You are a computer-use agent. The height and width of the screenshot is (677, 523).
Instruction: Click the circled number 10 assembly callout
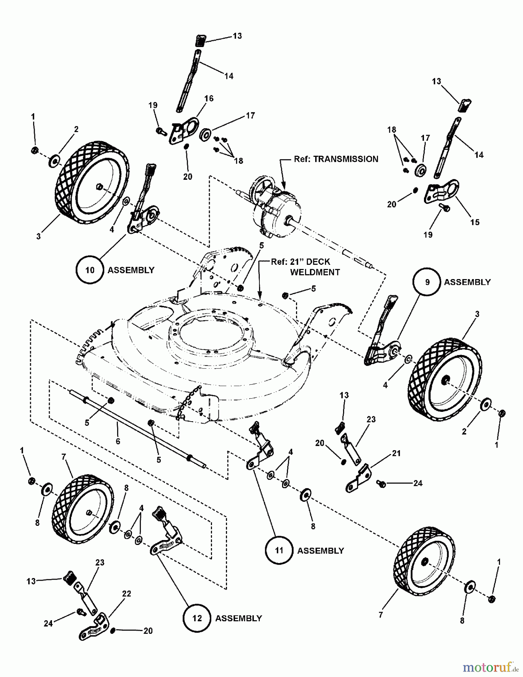point(90,270)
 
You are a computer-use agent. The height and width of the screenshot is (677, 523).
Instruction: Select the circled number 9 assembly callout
point(427,282)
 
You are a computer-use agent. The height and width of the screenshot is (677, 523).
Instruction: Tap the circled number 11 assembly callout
point(279,550)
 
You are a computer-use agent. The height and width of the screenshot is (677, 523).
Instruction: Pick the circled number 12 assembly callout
point(197,618)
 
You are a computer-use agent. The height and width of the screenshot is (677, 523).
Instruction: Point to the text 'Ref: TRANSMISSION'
point(336,159)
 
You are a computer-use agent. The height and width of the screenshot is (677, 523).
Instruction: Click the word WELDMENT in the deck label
point(315,272)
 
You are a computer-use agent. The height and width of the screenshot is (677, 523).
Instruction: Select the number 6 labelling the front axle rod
point(118,441)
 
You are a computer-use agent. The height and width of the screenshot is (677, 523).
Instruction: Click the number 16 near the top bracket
point(209,99)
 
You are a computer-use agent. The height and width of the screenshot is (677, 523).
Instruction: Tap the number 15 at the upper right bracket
point(475,222)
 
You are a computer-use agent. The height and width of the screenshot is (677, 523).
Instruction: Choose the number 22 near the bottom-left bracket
point(127,594)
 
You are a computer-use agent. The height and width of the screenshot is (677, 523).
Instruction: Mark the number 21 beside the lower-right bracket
point(396,454)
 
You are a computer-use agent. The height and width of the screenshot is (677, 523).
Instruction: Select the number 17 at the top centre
point(250,115)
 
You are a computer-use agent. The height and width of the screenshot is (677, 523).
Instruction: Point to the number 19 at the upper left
point(153,105)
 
